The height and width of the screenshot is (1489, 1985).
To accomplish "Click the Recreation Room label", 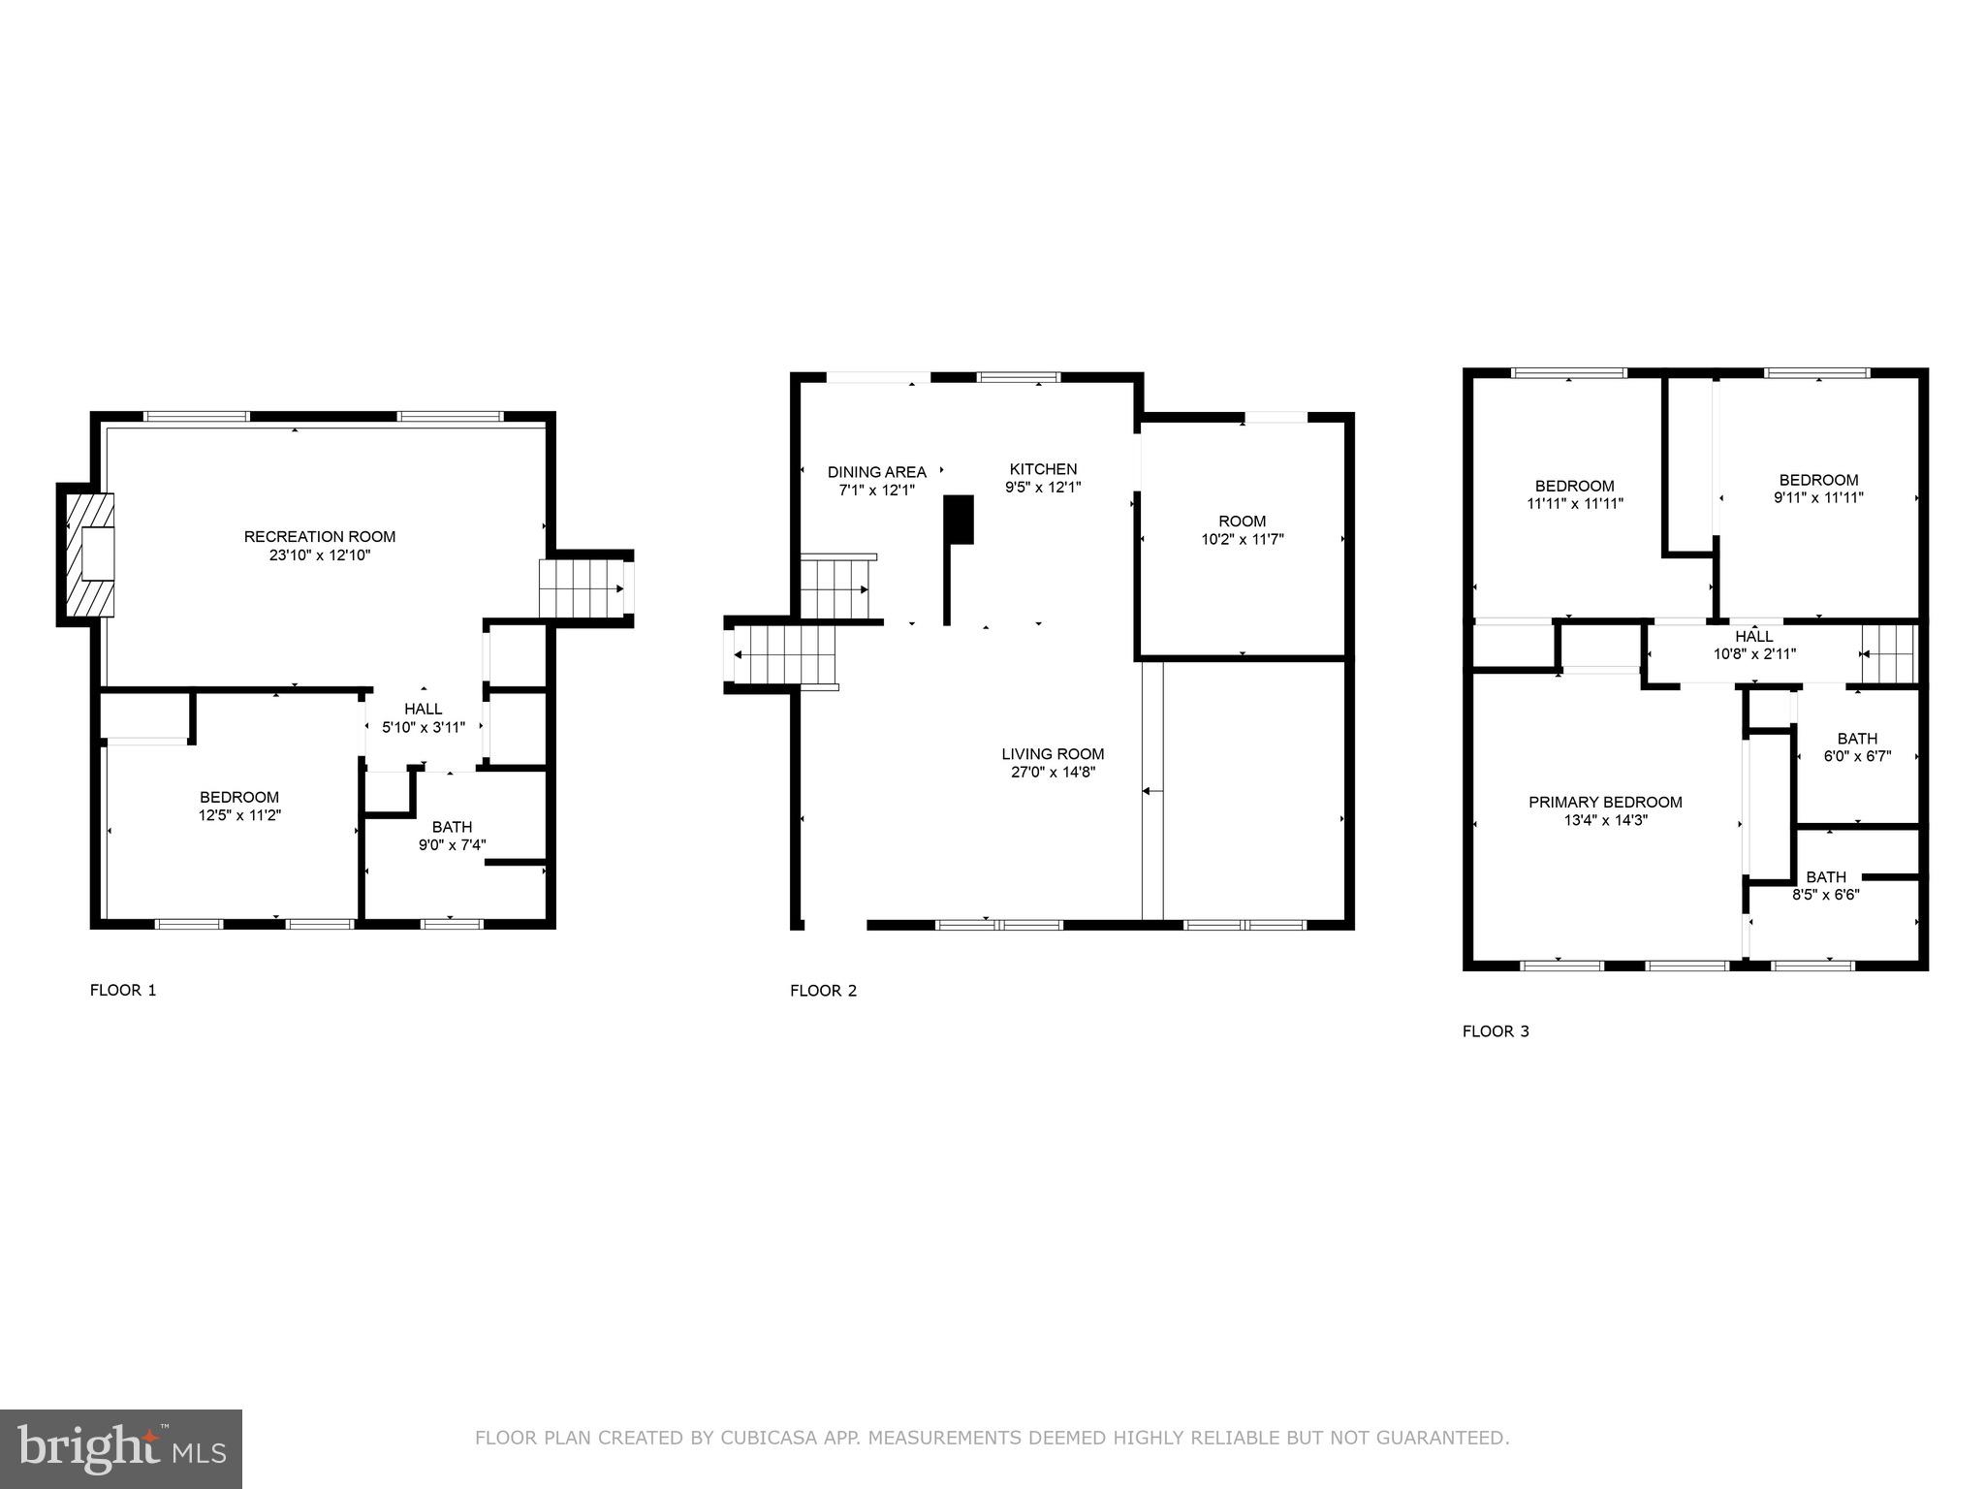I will (319, 536).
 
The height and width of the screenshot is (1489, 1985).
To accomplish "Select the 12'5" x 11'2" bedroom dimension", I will (239, 815).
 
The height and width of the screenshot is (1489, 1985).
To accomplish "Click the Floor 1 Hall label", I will (423, 710).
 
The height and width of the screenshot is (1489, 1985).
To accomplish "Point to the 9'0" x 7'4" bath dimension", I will (452, 844).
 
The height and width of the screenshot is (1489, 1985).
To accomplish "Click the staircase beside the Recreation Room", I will (581, 589).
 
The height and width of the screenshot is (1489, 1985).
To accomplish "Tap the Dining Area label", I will (876, 472).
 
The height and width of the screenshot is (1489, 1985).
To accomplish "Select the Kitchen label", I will (1043, 469).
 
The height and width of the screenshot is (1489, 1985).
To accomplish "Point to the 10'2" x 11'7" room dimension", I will (1242, 539).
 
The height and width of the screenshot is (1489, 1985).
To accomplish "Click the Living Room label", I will (1053, 754).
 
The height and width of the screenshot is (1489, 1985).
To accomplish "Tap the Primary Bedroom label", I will (1605, 802).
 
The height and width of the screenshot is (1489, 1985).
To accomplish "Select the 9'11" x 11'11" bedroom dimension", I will (1818, 497).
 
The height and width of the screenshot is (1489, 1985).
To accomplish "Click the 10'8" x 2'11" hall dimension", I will (1754, 654).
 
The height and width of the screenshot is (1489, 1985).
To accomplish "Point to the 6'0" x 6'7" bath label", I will (1856, 739).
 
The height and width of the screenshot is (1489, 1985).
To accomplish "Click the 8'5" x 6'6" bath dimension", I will (1825, 895).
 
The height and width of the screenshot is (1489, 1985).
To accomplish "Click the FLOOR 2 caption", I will (823, 991).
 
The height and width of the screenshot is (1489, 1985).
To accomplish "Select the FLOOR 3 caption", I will (1496, 1031).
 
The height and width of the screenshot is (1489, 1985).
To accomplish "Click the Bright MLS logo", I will (121, 1448).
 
